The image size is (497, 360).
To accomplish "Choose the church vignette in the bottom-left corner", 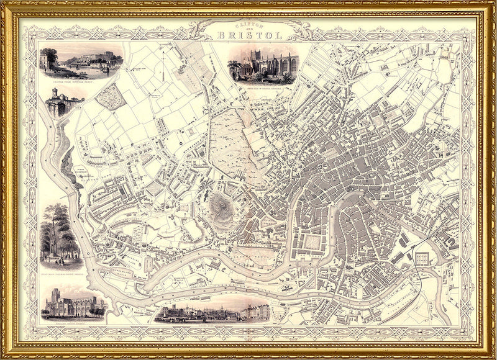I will (73, 303).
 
